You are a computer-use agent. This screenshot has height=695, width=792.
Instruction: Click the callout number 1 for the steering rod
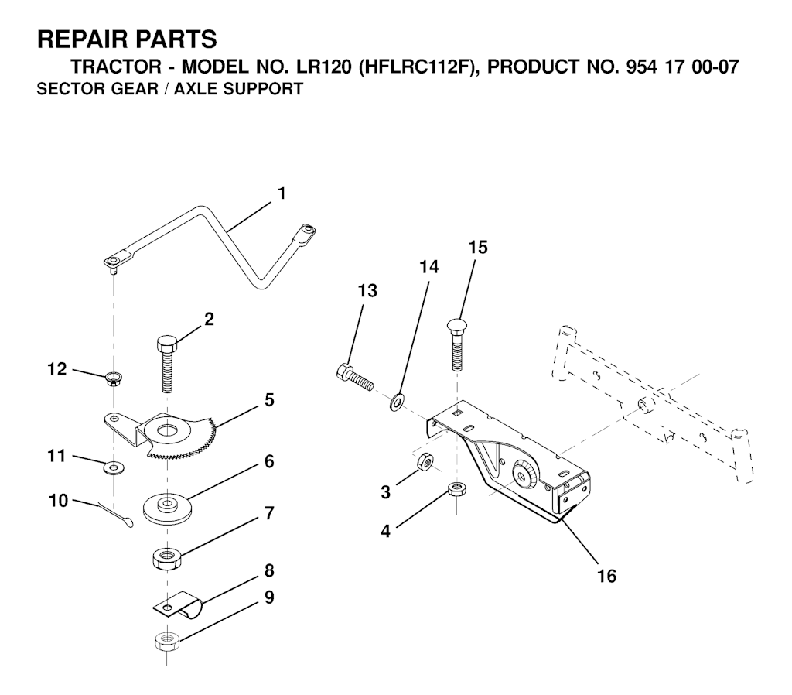(x=282, y=193)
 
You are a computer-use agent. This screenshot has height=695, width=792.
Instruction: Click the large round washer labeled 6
(x=167, y=507)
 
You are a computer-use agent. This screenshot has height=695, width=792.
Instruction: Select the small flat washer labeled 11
(x=114, y=467)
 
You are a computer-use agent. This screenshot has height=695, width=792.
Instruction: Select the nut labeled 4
(x=456, y=490)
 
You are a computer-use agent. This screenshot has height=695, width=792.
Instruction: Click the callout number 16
(x=606, y=577)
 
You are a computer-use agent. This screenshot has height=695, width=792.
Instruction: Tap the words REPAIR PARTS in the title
(x=128, y=39)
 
